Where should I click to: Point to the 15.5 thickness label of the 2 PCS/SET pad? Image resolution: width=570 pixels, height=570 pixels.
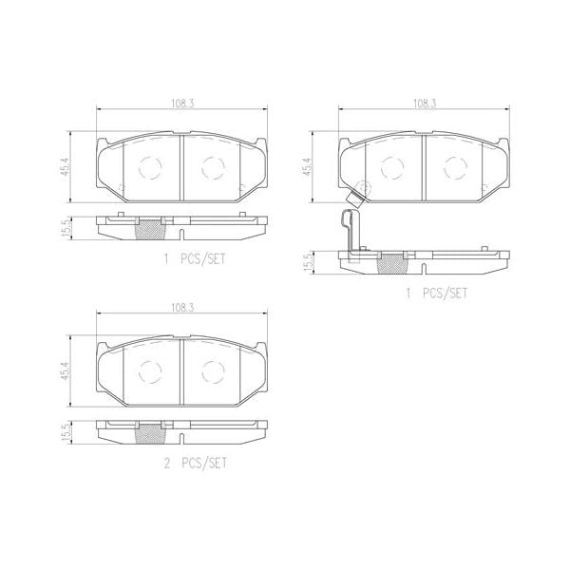click(66, 432)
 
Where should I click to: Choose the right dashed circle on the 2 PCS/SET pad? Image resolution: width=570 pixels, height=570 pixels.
click(211, 370)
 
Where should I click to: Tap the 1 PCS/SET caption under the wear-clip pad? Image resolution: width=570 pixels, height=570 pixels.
click(439, 294)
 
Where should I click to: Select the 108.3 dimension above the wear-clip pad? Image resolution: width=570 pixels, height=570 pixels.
click(425, 104)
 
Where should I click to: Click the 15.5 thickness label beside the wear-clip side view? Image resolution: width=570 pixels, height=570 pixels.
click(307, 262)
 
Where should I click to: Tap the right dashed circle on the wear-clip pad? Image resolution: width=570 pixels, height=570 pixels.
click(452, 166)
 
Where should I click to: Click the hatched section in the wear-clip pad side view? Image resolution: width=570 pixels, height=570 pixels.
click(390, 262)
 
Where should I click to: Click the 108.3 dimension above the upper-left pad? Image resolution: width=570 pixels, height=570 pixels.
click(182, 104)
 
